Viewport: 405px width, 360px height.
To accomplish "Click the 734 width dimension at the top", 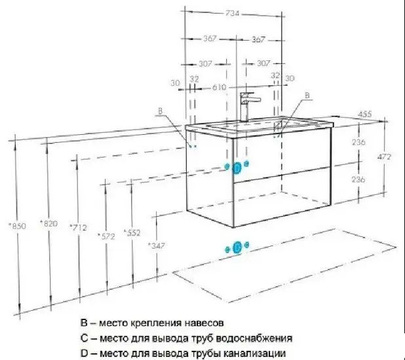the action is tap(233, 14).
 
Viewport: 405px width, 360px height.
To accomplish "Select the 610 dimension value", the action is tap(219, 88).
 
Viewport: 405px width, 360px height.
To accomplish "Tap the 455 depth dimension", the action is tap(365, 114).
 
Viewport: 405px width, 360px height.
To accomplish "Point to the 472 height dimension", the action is tap(384, 156).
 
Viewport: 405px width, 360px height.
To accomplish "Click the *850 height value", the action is tap(17, 226).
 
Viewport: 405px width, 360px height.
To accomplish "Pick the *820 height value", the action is tap(48, 223).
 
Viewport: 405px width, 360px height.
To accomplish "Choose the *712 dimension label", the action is tap(78, 228).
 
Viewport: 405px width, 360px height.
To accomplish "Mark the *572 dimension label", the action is tap(106, 236).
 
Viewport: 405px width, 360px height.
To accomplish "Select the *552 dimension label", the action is tap(132, 233).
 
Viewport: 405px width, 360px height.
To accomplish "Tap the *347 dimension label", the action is tap(156, 245).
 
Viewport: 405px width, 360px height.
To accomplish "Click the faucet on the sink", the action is tap(248, 106).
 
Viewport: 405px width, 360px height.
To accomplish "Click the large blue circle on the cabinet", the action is tap(237, 168).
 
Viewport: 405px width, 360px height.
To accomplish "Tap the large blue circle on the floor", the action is tap(237, 247).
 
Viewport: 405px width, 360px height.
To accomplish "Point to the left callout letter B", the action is tap(160, 111).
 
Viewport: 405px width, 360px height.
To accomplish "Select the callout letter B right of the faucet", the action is tap(307, 96).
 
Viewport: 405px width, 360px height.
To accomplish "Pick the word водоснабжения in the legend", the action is tap(254, 338).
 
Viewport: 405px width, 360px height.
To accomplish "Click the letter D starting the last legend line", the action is tap(84, 353).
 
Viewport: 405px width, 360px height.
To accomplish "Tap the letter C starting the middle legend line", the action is tap(84, 338).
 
